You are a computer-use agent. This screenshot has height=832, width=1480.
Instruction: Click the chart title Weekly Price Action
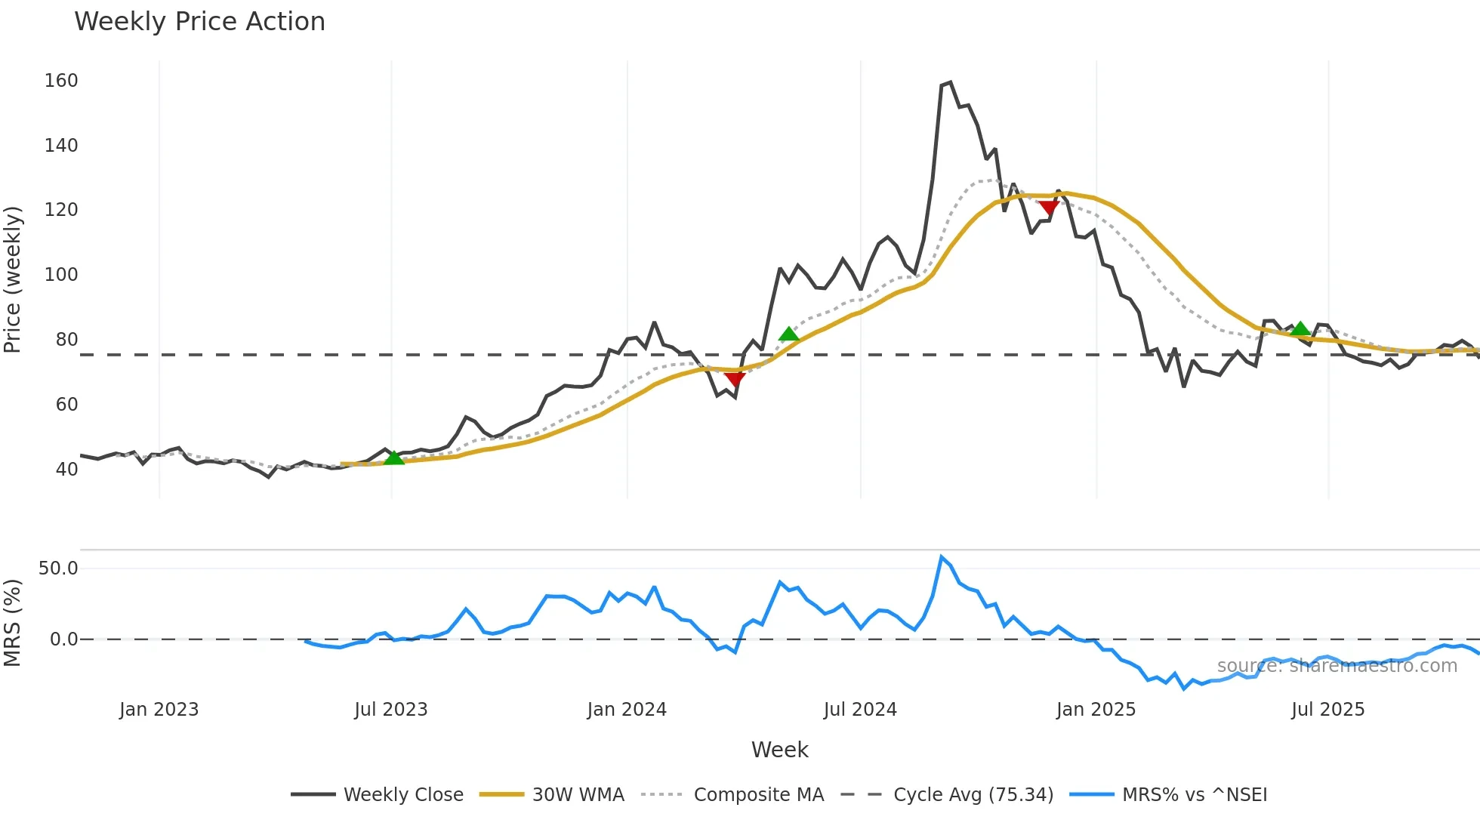[x=199, y=22]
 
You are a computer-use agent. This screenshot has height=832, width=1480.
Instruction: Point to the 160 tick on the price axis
[x=61, y=81]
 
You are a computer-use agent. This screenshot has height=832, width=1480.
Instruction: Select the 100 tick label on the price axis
[x=61, y=275]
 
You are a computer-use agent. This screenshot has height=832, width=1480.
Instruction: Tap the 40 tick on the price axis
[x=66, y=470]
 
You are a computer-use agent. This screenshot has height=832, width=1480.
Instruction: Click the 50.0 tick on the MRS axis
[x=58, y=569]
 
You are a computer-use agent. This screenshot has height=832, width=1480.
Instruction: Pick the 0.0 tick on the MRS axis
[x=63, y=639]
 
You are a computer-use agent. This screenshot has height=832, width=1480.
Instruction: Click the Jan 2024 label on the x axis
[x=627, y=710]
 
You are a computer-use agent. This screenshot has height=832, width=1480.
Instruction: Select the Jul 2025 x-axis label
[x=1327, y=710]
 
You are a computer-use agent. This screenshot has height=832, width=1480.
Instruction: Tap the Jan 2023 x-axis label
[x=159, y=710]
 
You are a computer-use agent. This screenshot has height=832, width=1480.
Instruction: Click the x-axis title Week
[x=779, y=750]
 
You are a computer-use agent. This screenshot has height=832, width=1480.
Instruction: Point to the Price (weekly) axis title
[x=13, y=279]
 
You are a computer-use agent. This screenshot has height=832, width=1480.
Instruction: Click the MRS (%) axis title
[x=13, y=623]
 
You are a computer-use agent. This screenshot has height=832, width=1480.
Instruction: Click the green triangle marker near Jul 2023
[x=394, y=458]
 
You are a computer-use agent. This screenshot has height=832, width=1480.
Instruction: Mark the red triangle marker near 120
[x=1048, y=208]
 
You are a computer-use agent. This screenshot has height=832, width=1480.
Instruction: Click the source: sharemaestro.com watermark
[x=1337, y=666]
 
